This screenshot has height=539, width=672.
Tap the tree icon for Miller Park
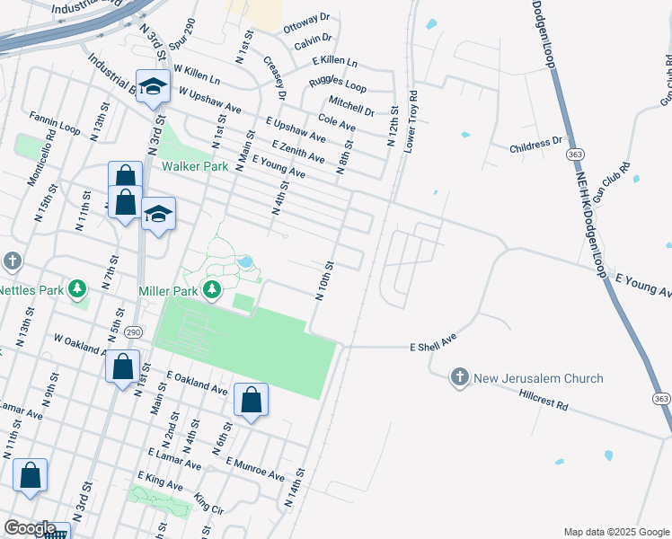pos(212,289)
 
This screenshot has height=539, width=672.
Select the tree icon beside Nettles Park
pos(79,288)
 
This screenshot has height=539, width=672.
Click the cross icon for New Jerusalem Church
pos(459,377)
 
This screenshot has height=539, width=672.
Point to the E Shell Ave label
pos(434,346)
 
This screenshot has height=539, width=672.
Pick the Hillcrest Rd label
pos(544,401)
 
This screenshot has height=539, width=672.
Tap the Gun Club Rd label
pos(610,183)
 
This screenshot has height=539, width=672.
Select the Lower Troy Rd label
pos(411,120)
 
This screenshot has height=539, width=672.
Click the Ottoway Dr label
pos(307,23)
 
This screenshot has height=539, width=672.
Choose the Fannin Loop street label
pos(55,125)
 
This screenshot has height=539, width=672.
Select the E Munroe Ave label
pos(255,469)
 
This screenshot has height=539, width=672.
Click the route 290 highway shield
pos(132,331)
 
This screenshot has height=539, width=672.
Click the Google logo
pos(31,528)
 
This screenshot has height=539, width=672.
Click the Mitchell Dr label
pos(351,105)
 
